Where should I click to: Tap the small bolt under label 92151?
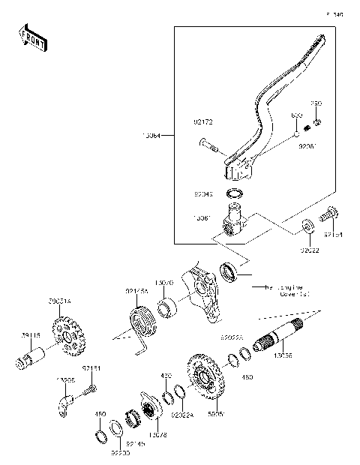coord(90,388)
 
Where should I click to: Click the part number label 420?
coord(166,374)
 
